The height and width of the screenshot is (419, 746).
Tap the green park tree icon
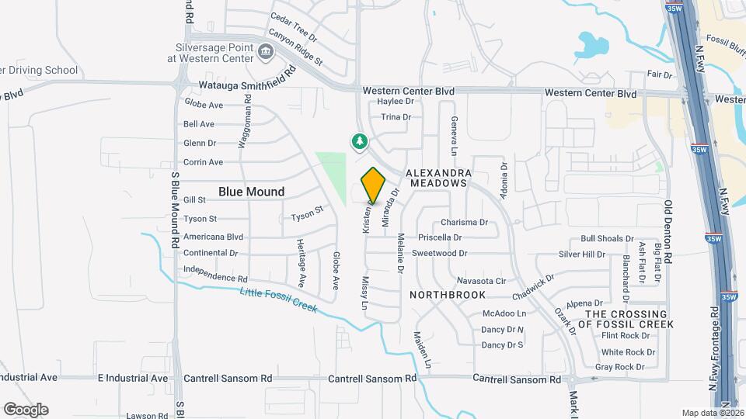coord(359,141)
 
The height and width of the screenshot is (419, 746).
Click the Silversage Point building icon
coord(266,53)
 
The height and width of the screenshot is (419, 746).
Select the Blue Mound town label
coord(251,192)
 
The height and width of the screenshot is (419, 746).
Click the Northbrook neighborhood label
coord(448,295)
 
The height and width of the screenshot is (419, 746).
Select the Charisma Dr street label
coord(464,223)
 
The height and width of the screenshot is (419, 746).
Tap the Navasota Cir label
coord(481,280)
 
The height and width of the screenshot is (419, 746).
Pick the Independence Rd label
coord(215,277)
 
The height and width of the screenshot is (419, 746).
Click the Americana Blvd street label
coord(213,237)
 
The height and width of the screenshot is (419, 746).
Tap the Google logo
coord(26,410)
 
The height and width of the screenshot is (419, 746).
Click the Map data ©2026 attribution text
coord(712,413)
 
